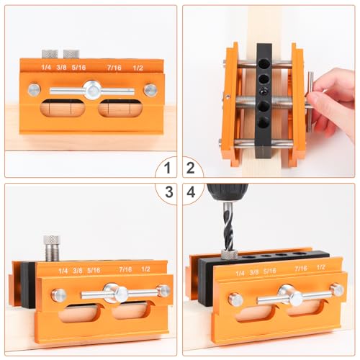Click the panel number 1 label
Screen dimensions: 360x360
[167, 169]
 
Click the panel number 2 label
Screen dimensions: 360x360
[191, 169]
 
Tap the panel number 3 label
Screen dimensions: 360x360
[167, 192]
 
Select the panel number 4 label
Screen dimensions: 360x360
[191, 192]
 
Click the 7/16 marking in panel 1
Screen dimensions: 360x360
[114, 68]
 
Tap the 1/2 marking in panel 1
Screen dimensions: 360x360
[139, 68]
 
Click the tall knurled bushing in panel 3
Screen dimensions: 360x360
[51, 248]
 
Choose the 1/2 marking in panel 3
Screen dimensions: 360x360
[146, 270]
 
